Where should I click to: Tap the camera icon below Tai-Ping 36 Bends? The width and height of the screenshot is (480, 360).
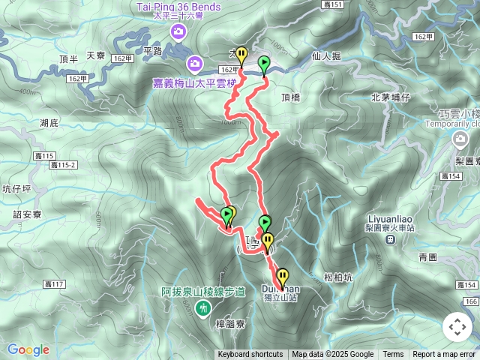179,31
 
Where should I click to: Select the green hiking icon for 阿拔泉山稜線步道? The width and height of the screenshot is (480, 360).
202,307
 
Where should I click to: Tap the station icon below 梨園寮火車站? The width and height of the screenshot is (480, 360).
390,239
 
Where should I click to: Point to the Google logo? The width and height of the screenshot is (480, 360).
28,349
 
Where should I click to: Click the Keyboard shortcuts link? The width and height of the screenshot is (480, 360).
250,355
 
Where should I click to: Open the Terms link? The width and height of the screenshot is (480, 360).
393,355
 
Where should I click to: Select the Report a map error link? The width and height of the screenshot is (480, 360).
444,355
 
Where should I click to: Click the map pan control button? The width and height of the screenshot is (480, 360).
457,327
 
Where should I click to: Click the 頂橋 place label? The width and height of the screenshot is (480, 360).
291,97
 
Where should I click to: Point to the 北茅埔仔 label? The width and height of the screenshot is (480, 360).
390,97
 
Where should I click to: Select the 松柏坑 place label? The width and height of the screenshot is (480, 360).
338,277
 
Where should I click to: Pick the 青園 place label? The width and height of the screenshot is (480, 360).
427,257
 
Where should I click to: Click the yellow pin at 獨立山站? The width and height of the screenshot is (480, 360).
282,276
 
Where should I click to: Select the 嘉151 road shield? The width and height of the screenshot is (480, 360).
335,5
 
